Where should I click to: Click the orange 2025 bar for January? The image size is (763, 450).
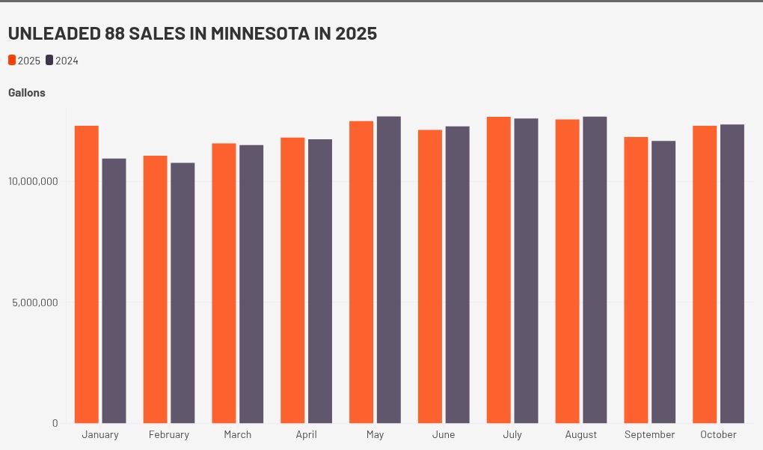[x=87, y=274]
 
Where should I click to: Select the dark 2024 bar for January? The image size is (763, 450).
[x=114, y=291]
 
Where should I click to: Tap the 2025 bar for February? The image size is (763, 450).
[x=156, y=289]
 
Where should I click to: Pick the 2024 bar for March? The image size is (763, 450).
[x=251, y=284]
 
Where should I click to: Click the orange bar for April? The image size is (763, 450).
[x=292, y=281]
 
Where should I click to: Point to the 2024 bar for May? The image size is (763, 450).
[x=389, y=270]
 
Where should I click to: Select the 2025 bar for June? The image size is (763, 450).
[x=430, y=276]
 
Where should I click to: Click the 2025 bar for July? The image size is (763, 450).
[x=499, y=270]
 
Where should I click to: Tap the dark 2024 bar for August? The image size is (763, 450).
[x=595, y=270]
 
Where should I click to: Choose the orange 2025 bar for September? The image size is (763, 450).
[x=636, y=280]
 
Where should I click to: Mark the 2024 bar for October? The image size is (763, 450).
[x=732, y=274]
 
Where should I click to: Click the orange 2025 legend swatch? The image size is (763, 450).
[x=12, y=60]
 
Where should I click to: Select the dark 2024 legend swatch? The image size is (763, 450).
[x=49, y=60]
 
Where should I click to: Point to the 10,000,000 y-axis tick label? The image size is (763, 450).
[x=33, y=181]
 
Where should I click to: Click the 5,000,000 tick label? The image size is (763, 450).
[x=35, y=302]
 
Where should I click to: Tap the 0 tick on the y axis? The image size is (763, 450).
[x=55, y=423]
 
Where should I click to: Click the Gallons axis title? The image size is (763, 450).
[x=27, y=93]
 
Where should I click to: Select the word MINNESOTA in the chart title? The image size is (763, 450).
[x=260, y=33]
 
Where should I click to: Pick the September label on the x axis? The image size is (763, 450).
[x=649, y=434]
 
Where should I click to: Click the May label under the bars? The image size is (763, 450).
[x=376, y=434]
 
